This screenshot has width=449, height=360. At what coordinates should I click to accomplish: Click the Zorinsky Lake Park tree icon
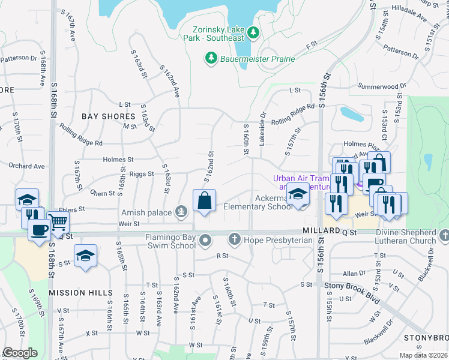253,32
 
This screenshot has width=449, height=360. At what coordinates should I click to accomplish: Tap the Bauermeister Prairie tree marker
211,58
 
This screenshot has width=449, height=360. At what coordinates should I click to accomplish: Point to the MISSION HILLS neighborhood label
81,292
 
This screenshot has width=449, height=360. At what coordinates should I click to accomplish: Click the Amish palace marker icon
181,211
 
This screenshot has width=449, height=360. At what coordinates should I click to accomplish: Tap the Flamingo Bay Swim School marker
206,241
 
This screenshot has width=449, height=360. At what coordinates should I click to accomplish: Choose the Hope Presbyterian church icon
237,240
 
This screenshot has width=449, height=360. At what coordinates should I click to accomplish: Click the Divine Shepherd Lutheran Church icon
444,235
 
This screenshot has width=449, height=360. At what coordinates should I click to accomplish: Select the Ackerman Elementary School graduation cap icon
297,194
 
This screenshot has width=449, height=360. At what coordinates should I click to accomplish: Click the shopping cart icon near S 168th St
58,223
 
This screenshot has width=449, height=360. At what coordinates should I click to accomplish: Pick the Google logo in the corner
20,353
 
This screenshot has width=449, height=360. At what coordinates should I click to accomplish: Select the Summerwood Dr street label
381,86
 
